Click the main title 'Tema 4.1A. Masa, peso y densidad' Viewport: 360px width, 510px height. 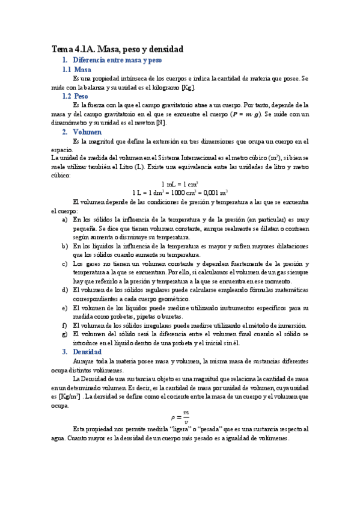(x=117, y=49)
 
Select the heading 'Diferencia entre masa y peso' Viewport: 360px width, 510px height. (x=117, y=61)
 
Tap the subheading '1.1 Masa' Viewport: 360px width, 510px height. (x=77, y=70)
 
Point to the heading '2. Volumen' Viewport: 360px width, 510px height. (x=82, y=132)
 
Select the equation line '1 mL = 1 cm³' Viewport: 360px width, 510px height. (x=180, y=184)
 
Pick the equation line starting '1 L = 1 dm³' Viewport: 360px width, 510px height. (x=180, y=193)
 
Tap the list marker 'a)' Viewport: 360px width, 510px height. (x=65, y=220)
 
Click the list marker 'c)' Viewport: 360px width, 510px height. (x=65, y=264)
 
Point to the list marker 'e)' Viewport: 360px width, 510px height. (x=65, y=308)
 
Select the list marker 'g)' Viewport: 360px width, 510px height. (x=65, y=334)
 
